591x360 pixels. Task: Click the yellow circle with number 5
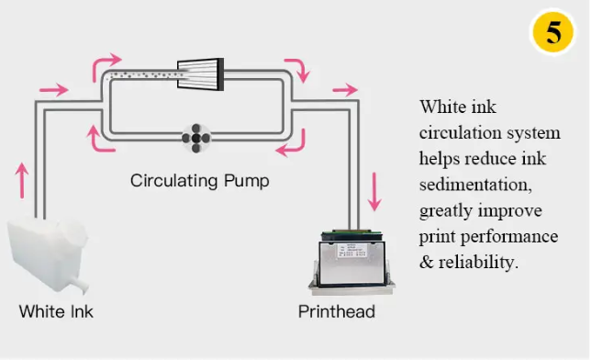(x=553, y=32)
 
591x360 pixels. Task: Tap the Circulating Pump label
(x=200, y=181)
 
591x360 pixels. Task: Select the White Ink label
(x=56, y=311)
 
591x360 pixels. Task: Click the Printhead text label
(x=337, y=311)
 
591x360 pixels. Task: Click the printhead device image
(x=351, y=263)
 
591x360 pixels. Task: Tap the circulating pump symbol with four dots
(x=196, y=138)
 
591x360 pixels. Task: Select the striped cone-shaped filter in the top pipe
(x=200, y=74)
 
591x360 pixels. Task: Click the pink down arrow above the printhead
(x=374, y=191)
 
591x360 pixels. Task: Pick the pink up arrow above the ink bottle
(x=22, y=180)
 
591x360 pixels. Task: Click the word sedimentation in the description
(x=475, y=185)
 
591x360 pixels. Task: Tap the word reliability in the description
(x=478, y=263)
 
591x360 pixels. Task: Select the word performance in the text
(x=509, y=237)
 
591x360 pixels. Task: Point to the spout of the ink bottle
(x=80, y=286)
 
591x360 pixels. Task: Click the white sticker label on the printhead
(x=351, y=251)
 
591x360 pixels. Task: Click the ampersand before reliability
(x=427, y=263)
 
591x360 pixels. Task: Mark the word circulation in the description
(x=460, y=133)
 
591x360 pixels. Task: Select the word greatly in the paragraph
(x=446, y=211)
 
